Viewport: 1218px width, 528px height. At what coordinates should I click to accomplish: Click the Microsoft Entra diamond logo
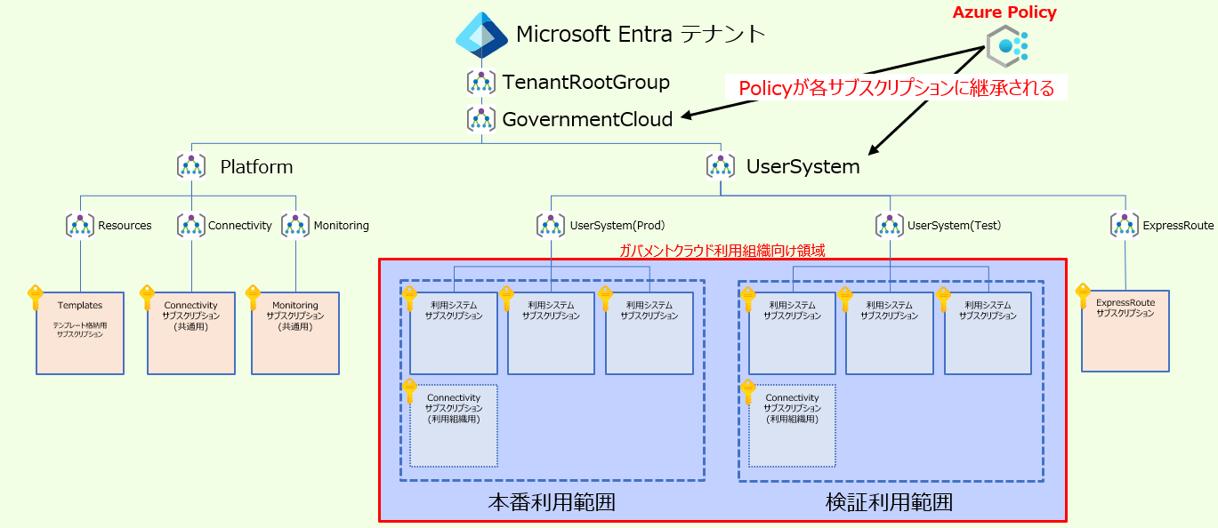coord(481,36)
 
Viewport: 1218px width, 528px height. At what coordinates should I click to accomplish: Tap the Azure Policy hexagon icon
coord(1006,45)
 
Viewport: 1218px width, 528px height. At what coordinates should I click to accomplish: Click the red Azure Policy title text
coord(1004,12)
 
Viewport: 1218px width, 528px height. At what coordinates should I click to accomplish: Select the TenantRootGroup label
coord(585,83)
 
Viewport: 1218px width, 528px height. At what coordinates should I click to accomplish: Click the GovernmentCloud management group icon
coord(481,119)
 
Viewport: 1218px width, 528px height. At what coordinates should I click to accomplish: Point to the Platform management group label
coord(256,167)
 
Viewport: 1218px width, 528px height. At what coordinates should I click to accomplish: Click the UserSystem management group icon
coord(720,165)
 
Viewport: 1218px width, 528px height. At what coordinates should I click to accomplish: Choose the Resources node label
coord(125,226)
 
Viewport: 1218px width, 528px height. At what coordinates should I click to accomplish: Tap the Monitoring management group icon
coord(295,225)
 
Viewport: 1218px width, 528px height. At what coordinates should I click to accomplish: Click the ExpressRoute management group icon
coord(1125,225)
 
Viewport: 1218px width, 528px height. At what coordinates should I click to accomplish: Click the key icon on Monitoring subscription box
coord(253,296)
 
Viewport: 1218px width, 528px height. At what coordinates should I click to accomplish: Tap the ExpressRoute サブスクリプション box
coord(1125,331)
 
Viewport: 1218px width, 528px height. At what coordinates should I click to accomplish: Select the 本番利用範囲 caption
coord(552,502)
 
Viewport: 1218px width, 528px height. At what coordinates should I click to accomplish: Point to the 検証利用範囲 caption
coord(890,502)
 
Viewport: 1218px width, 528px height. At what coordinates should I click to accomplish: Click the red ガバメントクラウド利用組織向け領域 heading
coord(722,251)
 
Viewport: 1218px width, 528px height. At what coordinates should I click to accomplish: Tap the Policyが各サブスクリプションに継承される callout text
coord(896,88)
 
